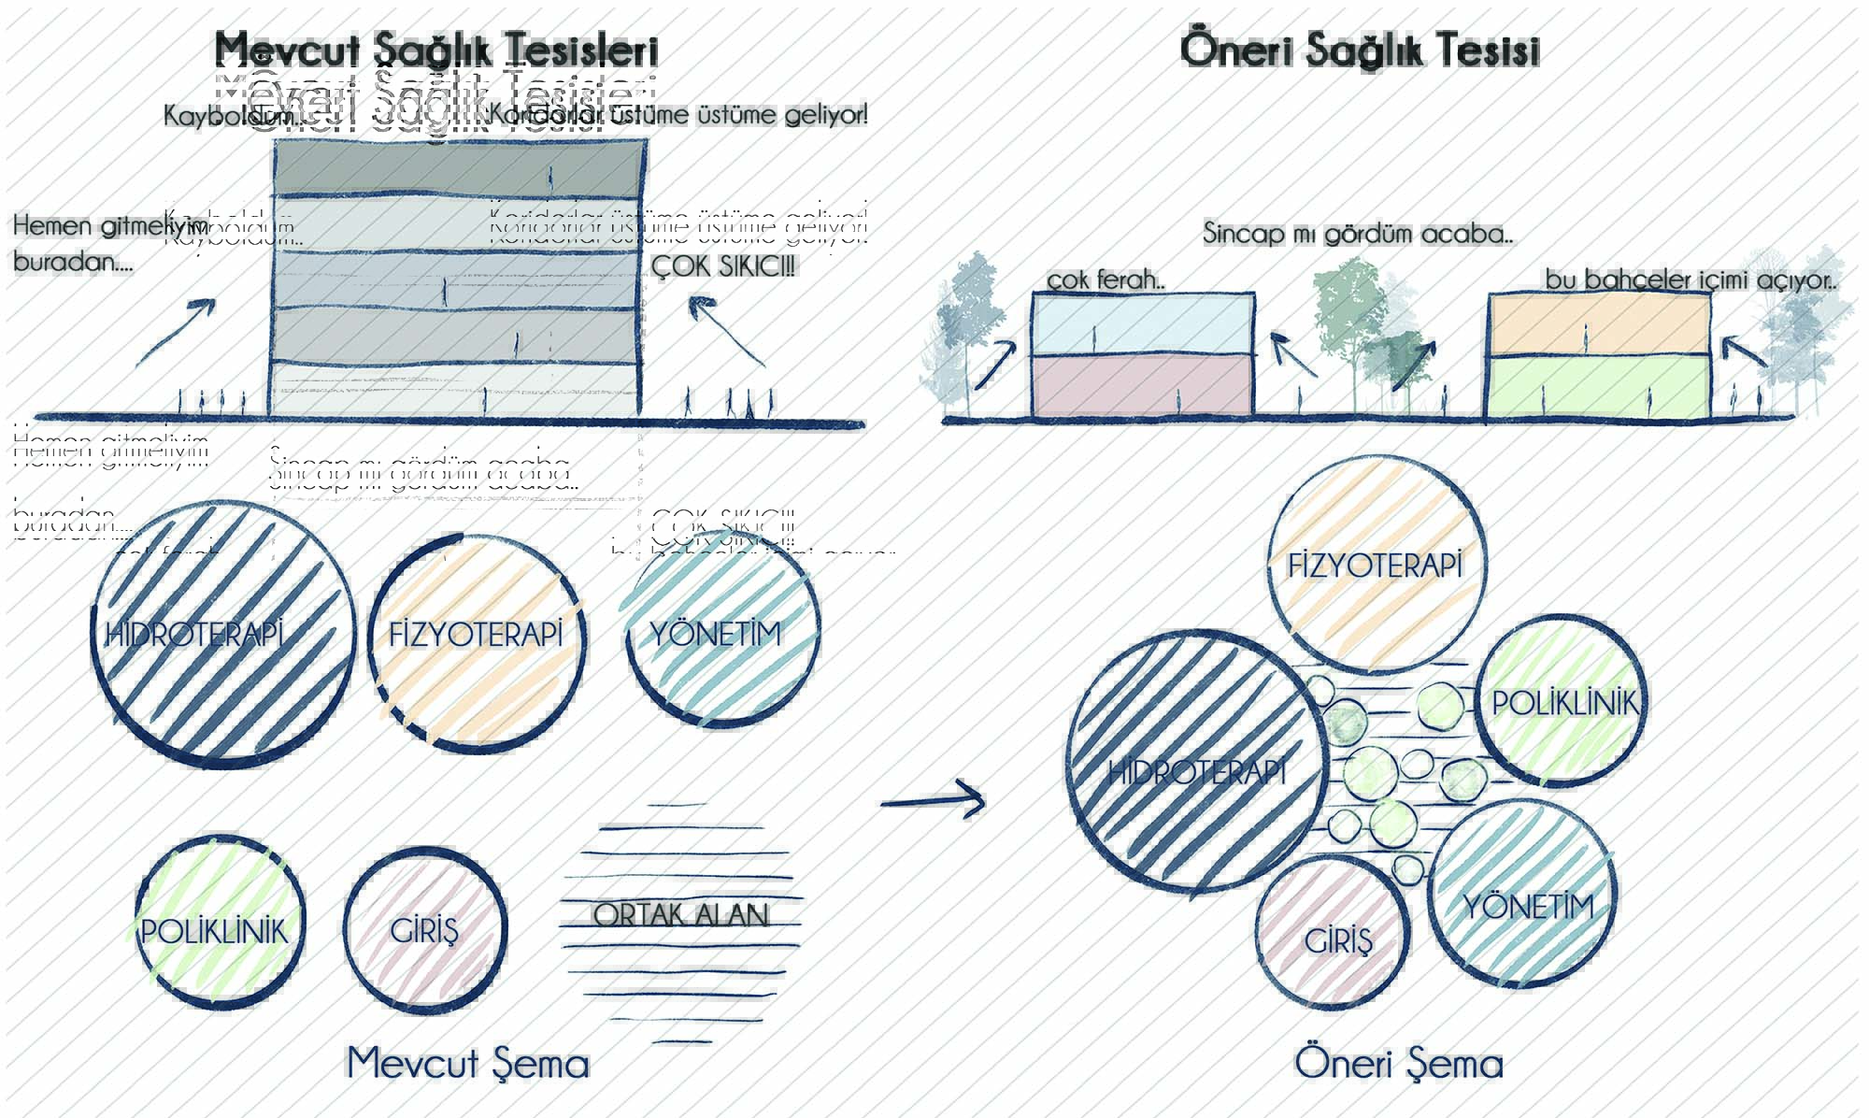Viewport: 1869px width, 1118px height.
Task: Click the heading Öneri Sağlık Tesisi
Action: coord(1360,50)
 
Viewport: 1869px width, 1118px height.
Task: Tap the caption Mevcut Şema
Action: coord(467,1063)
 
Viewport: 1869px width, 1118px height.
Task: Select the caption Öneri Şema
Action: coord(1398,1063)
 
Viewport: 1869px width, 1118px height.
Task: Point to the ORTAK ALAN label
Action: coord(680,914)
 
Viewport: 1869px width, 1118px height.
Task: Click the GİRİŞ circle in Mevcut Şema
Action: coord(425,931)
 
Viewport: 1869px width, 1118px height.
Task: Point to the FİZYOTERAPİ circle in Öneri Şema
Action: coord(1376,566)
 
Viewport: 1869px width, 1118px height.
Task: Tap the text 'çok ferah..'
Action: coord(1105,279)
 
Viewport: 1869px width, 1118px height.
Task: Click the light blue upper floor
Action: coord(1143,325)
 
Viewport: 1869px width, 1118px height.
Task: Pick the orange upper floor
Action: coord(1598,325)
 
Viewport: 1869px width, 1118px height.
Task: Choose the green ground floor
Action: coord(1598,388)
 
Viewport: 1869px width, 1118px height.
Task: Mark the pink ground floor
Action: coord(1143,386)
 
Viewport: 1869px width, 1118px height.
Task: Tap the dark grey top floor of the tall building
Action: coord(458,168)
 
